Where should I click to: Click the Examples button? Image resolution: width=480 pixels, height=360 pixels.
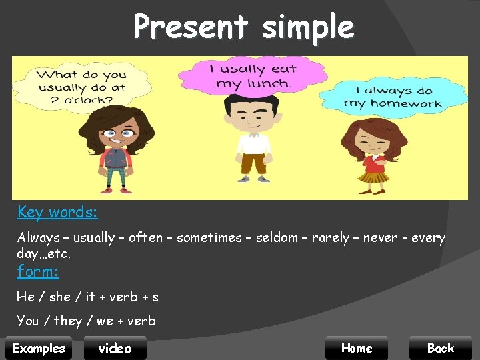point(39,348)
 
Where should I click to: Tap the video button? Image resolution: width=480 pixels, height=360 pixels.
point(115,348)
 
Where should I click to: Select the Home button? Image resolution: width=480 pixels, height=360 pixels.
point(357,348)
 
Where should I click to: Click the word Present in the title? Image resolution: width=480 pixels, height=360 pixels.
point(190,27)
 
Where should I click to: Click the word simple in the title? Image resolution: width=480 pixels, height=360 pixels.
point(308,27)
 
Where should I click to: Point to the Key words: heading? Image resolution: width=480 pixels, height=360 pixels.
point(57,212)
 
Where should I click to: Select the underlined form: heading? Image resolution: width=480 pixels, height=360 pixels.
point(37,271)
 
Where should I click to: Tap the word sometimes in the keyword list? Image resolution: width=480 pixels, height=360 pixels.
point(209,238)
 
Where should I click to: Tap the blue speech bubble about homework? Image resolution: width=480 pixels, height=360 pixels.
point(393,97)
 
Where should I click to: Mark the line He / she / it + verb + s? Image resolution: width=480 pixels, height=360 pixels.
point(87,297)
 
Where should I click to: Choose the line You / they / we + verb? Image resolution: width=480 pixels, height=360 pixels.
point(86,321)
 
